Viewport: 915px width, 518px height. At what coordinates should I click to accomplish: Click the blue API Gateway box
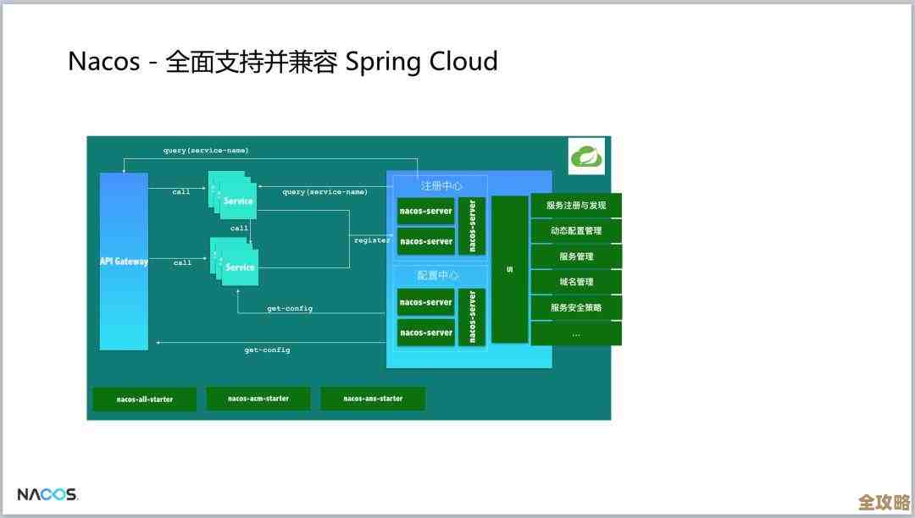(124, 261)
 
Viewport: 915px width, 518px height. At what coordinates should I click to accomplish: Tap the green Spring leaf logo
(586, 157)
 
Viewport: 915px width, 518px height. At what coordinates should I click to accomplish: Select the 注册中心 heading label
(441, 185)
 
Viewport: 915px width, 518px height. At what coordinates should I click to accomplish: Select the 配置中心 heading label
(439, 276)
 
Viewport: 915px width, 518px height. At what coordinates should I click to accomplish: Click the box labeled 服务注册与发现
(576, 206)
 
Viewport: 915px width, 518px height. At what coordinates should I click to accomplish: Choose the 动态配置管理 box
(576, 231)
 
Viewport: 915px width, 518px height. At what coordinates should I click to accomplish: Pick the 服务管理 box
(576, 256)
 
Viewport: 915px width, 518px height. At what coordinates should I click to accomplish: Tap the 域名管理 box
(576, 282)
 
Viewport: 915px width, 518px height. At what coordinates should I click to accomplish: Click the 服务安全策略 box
(576, 307)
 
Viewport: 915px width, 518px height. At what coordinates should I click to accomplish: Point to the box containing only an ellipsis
(576, 333)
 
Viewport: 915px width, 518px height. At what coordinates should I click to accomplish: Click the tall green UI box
(509, 269)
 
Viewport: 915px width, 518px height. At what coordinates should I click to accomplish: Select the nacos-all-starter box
(144, 399)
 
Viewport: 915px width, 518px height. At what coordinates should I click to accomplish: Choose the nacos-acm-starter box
(258, 398)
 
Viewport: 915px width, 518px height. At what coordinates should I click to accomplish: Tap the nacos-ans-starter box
(373, 398)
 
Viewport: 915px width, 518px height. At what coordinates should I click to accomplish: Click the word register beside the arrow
(372, 240)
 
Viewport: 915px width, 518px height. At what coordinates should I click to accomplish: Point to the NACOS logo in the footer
(47, 494)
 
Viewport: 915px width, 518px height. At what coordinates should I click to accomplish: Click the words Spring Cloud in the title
(421, 62)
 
